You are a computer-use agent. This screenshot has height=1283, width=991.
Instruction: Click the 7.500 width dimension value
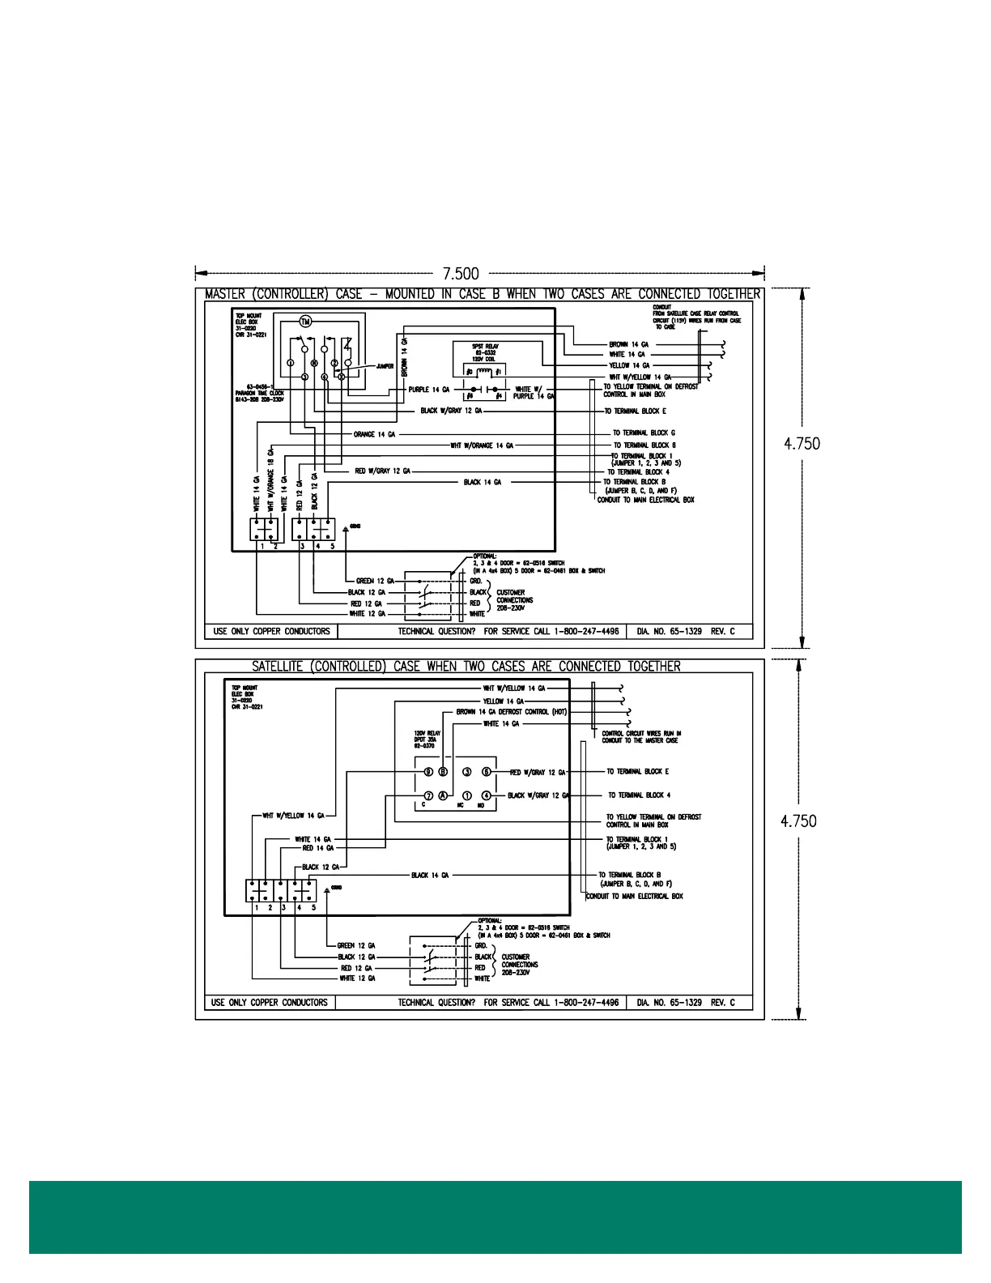click(461, 274)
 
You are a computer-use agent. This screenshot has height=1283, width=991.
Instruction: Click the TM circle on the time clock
click(305, 322)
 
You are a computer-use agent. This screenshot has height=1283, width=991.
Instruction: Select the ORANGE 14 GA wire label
click(374, 434)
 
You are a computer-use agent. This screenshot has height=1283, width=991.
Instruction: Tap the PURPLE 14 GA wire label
click(428, 390)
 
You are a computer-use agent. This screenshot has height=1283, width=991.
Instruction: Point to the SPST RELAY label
click(486, 347)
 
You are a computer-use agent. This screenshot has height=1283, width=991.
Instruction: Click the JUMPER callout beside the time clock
click(385, 366)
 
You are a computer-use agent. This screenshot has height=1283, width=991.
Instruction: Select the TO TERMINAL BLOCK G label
click(644, 433)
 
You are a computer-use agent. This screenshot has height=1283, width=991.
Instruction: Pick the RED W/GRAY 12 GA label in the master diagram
click(382, 471)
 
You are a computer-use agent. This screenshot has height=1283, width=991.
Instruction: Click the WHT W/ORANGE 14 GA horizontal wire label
click(482, 445)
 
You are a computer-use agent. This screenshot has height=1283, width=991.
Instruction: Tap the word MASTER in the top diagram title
click(225, 294)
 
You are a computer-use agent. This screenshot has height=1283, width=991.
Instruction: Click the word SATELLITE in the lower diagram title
click(278, 667)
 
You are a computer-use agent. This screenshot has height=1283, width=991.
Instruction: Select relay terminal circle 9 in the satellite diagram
click(429, 772)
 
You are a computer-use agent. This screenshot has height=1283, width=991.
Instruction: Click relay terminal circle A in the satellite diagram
click(443, 795)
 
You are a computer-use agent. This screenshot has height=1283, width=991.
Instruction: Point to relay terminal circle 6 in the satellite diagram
click(487, 772)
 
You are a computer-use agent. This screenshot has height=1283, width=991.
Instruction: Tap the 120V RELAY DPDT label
click(427, 740)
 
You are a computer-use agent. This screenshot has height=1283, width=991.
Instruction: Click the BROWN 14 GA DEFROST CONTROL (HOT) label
click(511, 712)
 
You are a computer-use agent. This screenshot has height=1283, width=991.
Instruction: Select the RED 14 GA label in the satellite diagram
click(318, 848)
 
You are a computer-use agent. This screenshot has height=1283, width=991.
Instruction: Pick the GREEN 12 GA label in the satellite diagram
click(356, 945)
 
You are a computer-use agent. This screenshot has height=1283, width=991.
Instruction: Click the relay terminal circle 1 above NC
click(467, 795)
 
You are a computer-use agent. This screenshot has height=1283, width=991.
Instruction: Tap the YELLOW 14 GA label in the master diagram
click(629, 365)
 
